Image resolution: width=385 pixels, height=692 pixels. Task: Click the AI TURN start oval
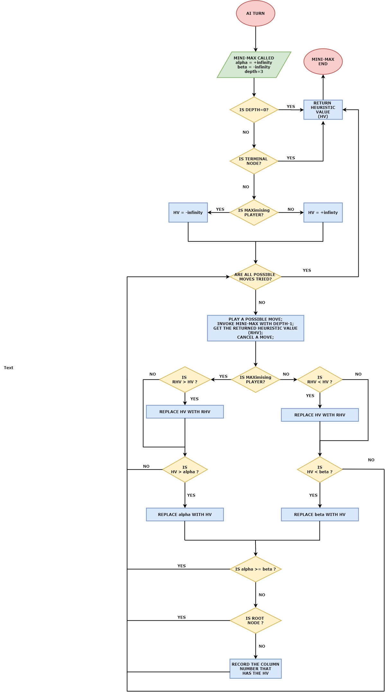[x=255, y=13]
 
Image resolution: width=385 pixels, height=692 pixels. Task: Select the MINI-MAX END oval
[x=323, y=62]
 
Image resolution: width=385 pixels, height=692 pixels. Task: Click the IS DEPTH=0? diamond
[x=254, y=110]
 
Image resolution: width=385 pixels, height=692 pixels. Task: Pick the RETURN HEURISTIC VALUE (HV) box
[x=323, y=110]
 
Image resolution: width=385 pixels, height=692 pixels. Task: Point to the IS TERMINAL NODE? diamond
[x=254, y=161]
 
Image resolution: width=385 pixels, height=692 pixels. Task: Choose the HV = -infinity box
[x=188, y=212]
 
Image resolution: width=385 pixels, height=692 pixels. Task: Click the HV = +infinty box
[x=323, y=212]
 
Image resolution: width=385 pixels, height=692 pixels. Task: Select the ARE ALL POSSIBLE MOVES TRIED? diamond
[x=255, y=277]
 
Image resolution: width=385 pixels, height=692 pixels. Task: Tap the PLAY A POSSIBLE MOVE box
[x=255, y=328]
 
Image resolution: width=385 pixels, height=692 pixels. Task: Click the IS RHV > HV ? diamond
[x=185, y=379]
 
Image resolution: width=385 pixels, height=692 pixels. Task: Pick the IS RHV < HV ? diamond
[x=320, y=379]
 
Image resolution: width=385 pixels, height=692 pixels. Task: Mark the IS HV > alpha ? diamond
[x=185, y=469]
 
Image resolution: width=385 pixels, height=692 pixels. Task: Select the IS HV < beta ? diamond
[x=320, y=469]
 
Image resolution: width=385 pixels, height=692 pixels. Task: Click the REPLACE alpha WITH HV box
[x=185, y=514]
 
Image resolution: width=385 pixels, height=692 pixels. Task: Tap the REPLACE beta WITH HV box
[x=320, y=514]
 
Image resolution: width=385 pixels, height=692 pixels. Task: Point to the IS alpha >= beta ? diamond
[x=255, y=569]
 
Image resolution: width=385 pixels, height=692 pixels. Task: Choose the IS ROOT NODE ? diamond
[x=255, y=620]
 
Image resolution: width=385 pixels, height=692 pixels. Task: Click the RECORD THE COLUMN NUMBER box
[x=255, y=669]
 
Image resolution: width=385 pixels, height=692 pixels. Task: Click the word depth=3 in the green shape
[x=254, y=72]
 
